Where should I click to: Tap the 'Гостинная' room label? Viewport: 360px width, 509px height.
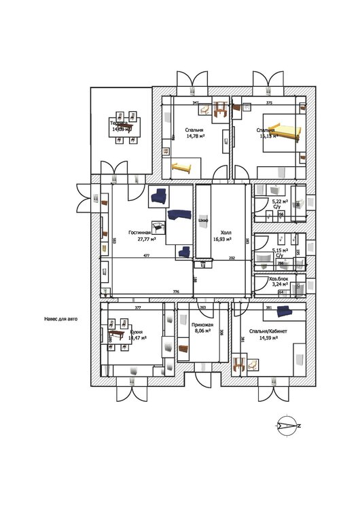coord(139,232)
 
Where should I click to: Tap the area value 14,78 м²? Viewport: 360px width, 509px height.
coord(196,136)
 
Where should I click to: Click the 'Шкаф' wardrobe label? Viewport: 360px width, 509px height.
coord(203,221)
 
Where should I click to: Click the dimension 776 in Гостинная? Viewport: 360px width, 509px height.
coord(176,291)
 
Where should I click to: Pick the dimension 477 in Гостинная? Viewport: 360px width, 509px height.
coord(146,256)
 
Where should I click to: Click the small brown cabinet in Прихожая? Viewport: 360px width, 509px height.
coord(183,345)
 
